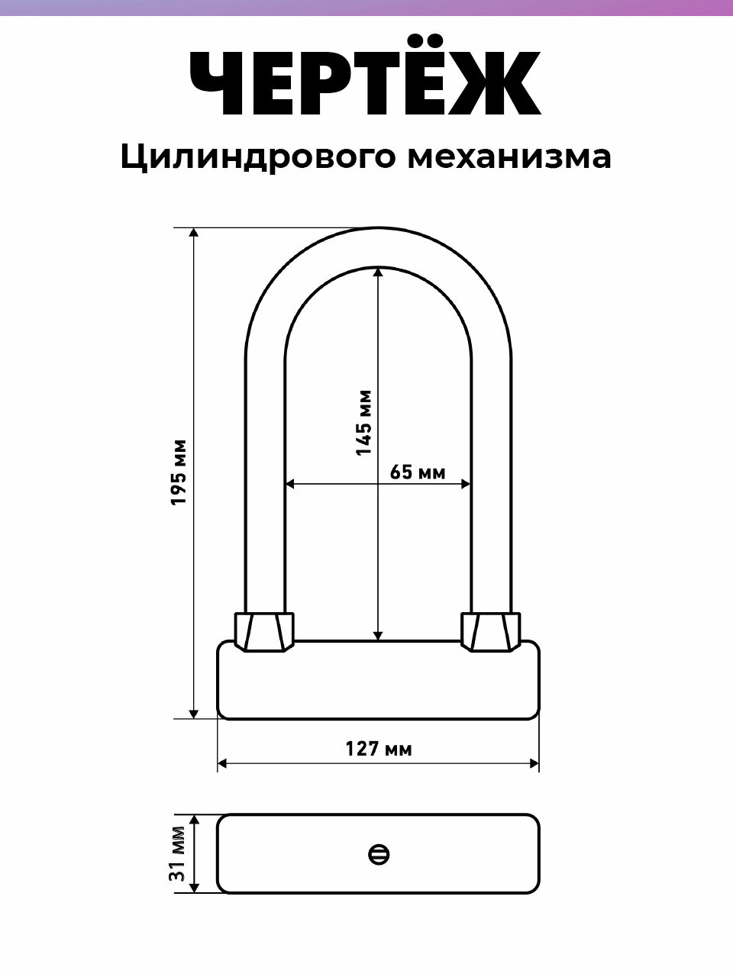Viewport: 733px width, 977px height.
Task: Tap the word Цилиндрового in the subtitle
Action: (x=257, y=157)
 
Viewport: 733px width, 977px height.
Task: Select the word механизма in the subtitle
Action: (x=509, y=156)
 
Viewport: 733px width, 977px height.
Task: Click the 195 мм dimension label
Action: (x=179, y=472)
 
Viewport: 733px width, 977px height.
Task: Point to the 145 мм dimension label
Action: (x=363, y=423)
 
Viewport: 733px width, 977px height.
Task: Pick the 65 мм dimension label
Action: (x=417, y=472)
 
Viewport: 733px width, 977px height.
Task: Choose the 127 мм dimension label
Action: (x=378, y=749)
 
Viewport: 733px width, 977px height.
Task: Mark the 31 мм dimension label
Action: (x=178, y=853)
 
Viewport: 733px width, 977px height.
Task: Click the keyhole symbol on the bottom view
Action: (x=379, y=854)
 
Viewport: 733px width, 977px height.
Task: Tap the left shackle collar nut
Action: (x=264, y=631)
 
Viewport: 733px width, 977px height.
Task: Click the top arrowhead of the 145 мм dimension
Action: (x=378, y=272)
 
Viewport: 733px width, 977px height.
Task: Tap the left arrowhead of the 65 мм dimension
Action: (x=291, y=483)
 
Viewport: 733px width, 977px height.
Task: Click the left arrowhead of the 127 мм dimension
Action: (x=224, y=763)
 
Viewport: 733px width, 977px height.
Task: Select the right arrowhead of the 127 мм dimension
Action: (x=534, y=763)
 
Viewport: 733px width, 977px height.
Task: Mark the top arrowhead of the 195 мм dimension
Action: (x=194, y=234)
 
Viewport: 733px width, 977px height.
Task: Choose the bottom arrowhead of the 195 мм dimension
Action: (x=194, y=713)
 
